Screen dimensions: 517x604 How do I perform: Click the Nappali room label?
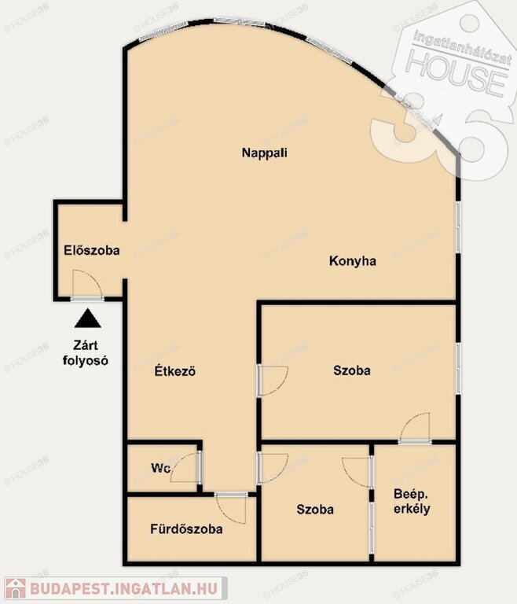tap(265, 153)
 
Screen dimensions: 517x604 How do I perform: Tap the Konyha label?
tap(353, 261)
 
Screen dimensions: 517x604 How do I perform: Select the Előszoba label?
tap(92, 250)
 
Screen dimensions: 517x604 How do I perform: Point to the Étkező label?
tap(175, 371)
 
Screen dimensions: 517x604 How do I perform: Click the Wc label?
tap(160, 469)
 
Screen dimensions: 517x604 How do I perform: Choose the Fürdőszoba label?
tap(186, 528)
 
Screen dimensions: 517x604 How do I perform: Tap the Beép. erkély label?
tap(412, 501)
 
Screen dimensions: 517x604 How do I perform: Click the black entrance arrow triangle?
tap(88, 319)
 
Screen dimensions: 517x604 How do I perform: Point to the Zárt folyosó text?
tap(86, 353)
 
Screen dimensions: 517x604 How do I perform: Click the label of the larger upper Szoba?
tap(352, 370)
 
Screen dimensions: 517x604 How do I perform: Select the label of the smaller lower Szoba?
tap(315, 510)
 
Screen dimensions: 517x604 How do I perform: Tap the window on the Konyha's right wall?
tap(458, 226)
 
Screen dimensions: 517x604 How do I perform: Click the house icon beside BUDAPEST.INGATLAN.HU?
tap(16, 588)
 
